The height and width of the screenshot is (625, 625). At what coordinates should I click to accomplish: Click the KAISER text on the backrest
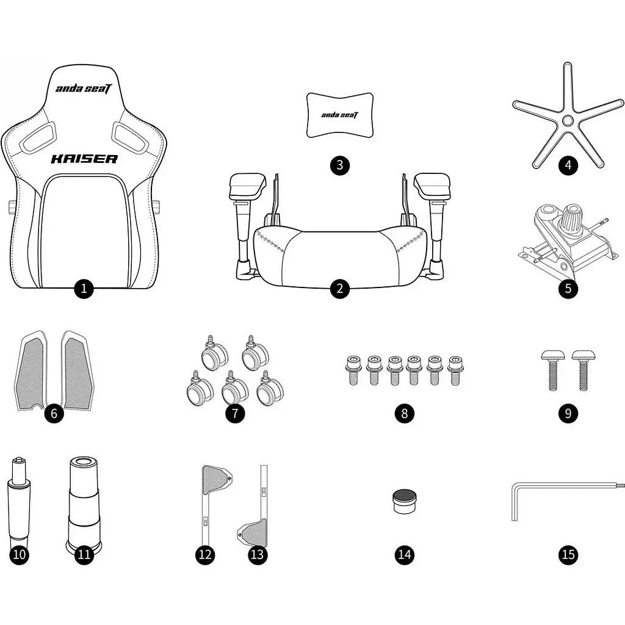pos(84,159)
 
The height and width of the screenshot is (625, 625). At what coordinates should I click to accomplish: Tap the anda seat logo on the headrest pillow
pos(339,115)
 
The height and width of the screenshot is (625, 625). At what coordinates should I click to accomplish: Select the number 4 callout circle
pos(568,165)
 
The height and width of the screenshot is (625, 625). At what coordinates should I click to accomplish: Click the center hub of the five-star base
pos(568,120)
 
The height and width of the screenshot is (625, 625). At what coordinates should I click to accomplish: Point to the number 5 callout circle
pos(568,288)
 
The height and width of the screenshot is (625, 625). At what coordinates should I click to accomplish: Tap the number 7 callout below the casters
pos(235,413)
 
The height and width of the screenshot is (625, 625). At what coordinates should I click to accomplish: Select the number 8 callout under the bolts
pos(404,413)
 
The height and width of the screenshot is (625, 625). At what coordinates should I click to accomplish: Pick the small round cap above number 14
pos(404,501)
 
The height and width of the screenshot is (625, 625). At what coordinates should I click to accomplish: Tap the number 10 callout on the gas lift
pos(19,554)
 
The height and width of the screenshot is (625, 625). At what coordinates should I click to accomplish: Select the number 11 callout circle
pos(84,554)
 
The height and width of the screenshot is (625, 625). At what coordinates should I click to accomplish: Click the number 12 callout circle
pos(205,554)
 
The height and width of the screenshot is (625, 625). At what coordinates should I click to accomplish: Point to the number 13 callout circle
pos(258,554)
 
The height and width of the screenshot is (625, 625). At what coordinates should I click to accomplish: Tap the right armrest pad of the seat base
pos(432,187)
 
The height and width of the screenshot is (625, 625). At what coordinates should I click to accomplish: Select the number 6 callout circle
pos(54,413)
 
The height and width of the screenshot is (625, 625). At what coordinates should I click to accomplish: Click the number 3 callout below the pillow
pos(339,165)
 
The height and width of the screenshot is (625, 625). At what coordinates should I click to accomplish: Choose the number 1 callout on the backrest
pos(84,288)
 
